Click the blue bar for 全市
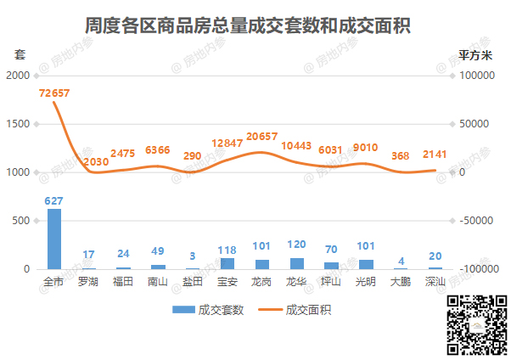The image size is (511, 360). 54,239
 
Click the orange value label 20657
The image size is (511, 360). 262,137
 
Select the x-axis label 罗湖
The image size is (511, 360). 88,281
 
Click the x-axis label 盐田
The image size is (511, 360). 193,281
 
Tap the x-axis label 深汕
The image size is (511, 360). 435,281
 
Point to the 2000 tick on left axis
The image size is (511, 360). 17,76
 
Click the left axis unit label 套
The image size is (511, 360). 20,54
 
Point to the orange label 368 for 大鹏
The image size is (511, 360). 401,156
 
